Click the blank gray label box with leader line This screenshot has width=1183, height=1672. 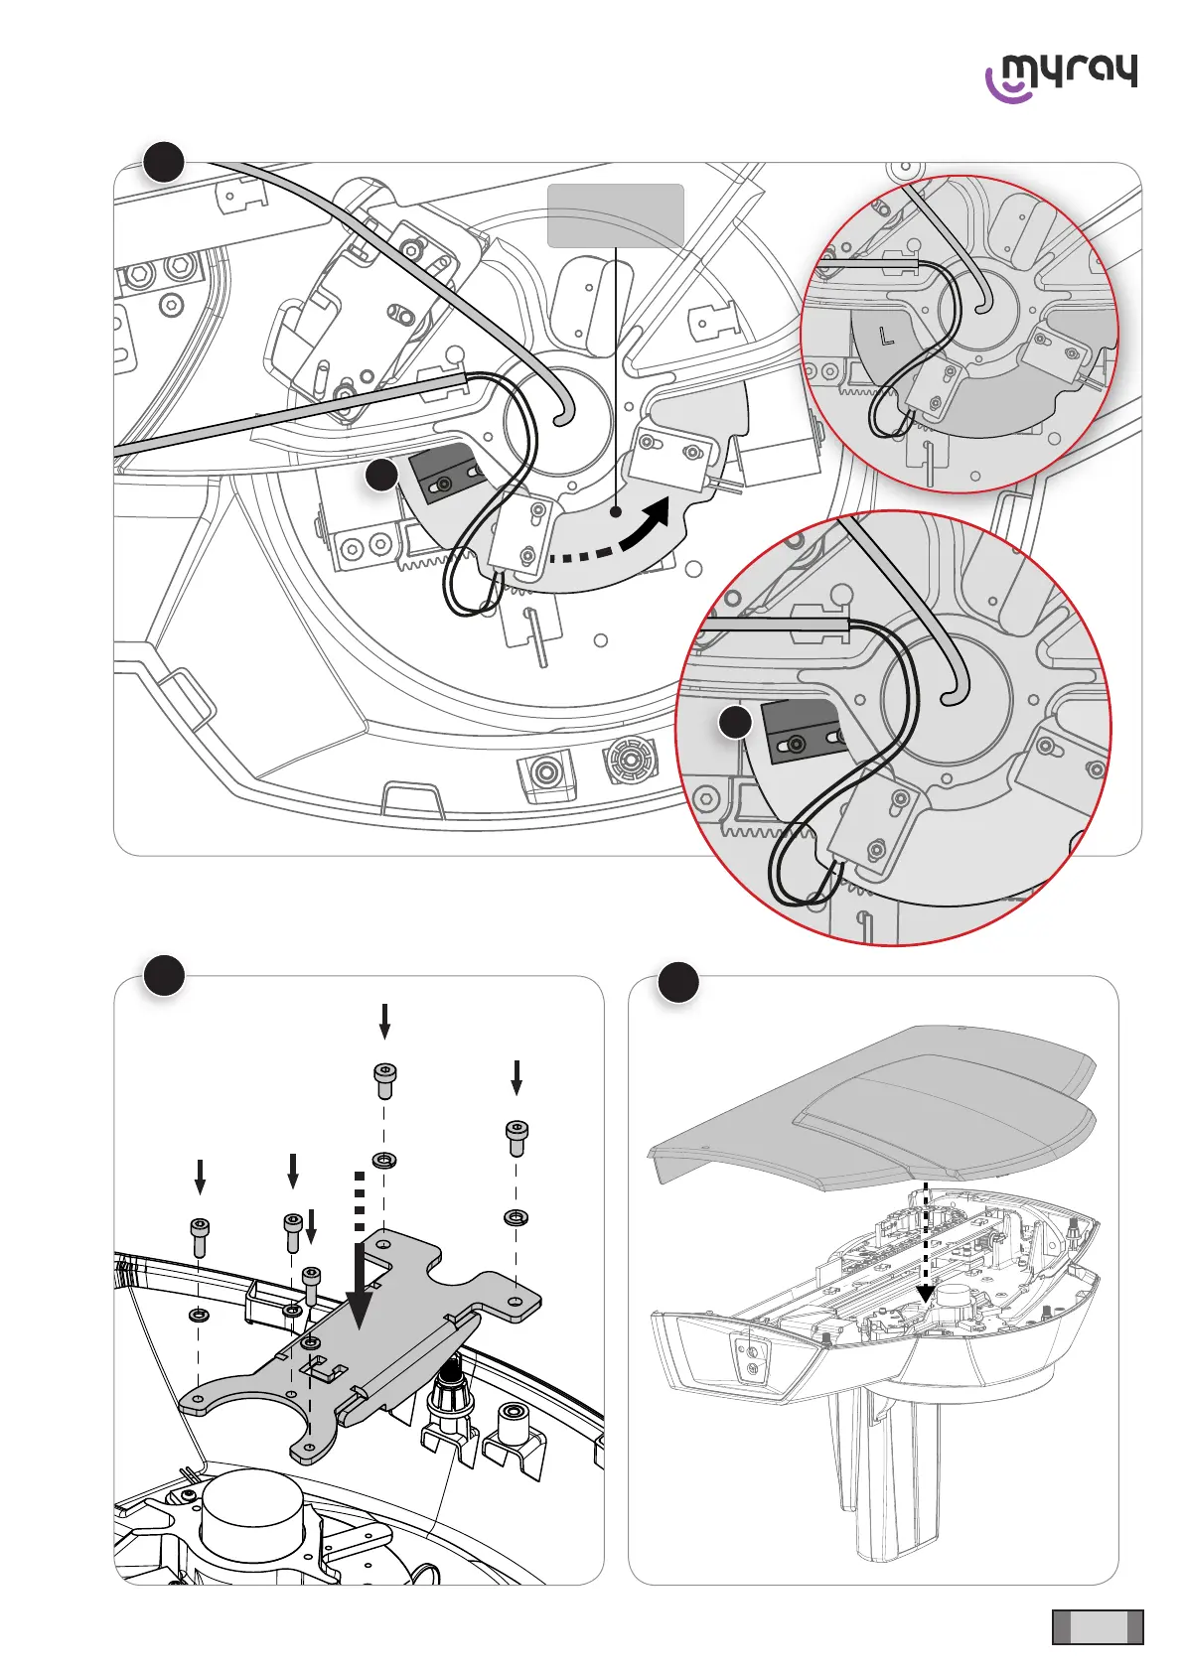[616, 214]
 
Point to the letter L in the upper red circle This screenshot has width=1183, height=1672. [887, 337]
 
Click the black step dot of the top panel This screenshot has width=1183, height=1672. [164, 162]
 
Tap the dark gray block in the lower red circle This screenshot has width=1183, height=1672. [801, 732]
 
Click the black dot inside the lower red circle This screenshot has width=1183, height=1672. [735, 722]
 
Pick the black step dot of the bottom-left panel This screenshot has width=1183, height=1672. [164, 975]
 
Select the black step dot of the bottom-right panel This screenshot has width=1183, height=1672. [678, 982]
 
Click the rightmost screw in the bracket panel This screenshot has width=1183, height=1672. [517, 1137]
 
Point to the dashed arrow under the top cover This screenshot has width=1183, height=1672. [926, 1241]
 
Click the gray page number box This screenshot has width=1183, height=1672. [1098, 1627]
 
